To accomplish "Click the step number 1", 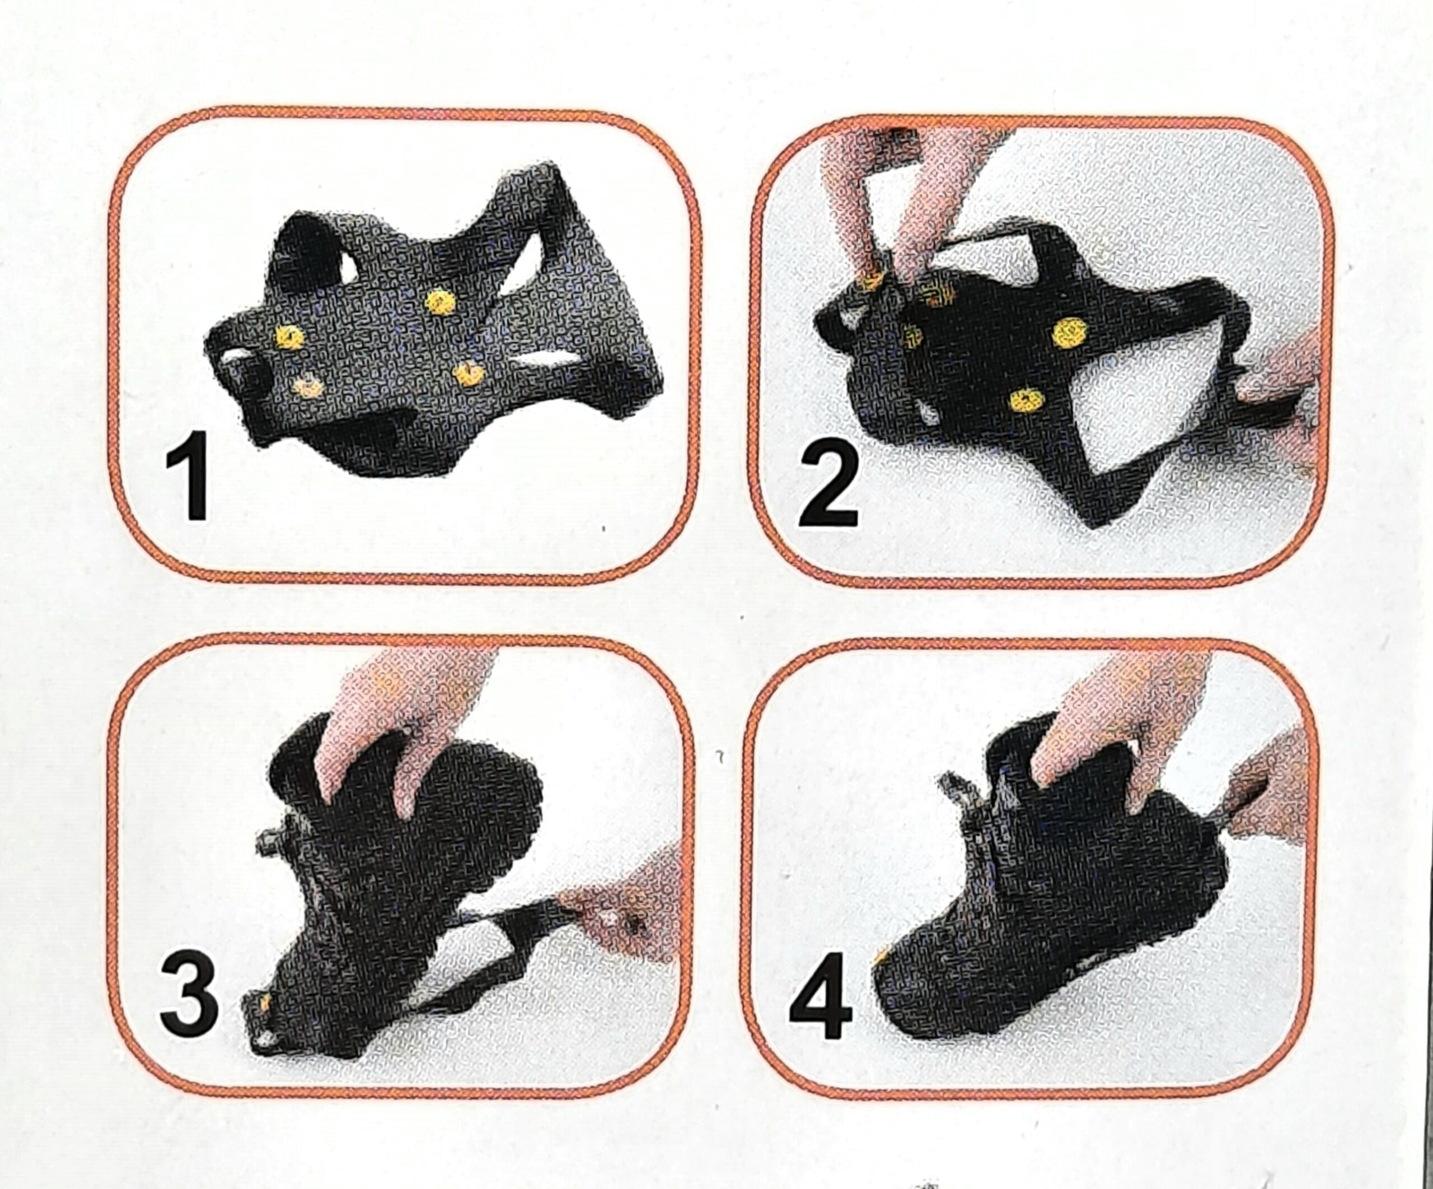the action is [188, 475].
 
